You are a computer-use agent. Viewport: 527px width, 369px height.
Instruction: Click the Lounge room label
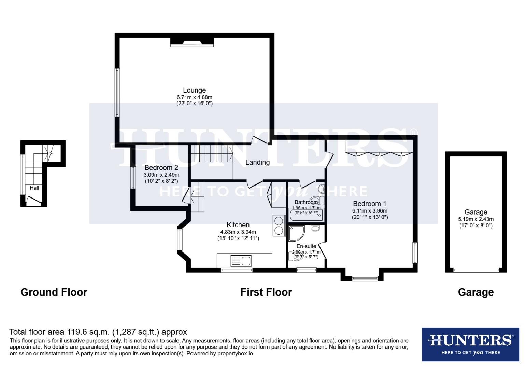click(194, 90)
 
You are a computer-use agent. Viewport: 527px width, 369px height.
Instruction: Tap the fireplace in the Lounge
click(192, 42)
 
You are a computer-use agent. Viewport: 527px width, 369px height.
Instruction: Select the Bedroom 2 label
click(161, 168)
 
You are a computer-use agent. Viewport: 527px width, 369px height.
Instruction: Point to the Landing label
click(257, 162)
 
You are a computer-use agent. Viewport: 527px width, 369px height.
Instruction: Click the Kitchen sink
click(241, 261)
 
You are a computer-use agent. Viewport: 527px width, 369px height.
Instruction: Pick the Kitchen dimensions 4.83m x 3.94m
click(238, 232)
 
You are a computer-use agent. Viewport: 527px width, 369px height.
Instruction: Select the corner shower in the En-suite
click(296, 233)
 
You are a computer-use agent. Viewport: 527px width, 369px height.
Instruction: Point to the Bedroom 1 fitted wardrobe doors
click(379, 153)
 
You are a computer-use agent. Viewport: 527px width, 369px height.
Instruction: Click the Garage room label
click(475, 212)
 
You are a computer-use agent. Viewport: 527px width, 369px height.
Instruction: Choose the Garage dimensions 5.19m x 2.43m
click(475, 219)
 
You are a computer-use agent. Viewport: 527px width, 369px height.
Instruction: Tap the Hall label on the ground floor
click(34, 188)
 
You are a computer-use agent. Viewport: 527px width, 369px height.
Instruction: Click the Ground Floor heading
click(54, 292)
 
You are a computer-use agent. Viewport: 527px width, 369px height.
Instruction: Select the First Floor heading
click(266, 292)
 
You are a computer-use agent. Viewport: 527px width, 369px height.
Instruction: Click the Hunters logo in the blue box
click(470, 344)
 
